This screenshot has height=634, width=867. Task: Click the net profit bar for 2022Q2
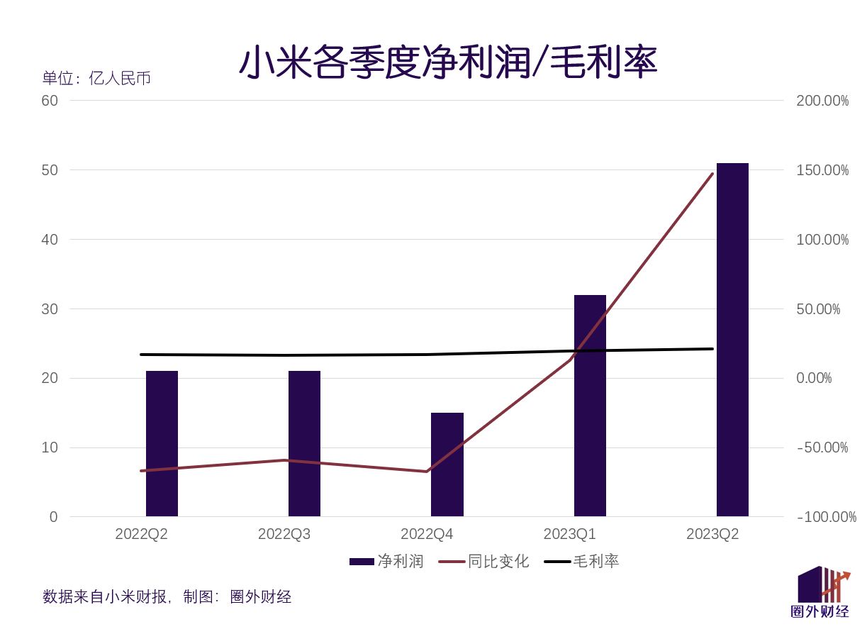pyautogui.click(x=162, y=443)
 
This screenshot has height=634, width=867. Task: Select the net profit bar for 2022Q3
pyautogui.click(x=304, y=443)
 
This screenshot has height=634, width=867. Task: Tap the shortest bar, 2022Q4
pyautogui.click(x=447, y=465)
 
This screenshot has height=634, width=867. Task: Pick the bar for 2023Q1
pyautogui.click(x=590, y=405)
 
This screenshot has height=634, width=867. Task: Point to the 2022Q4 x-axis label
pyautogui.click(x=427, y=534)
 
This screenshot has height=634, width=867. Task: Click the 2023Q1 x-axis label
pyautogui.click(x=569, y=534)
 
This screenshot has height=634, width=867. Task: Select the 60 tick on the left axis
pyautogui.click(x=50, y=101)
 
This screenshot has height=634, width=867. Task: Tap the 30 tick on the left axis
pyautogui.click(x=50, y=309)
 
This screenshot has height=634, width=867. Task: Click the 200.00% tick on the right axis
pyautogui.click(x=822, y=101)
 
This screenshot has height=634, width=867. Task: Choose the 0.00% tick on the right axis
pyautogui.click(x=814, y=378)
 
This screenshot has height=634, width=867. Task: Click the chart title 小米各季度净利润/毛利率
pyautogui.click(x=448, y=62)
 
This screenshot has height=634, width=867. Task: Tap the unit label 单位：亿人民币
pyautogui.click(x=96, y=78)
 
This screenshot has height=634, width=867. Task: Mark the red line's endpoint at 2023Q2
pyautogui.click(x=712, y=174)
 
